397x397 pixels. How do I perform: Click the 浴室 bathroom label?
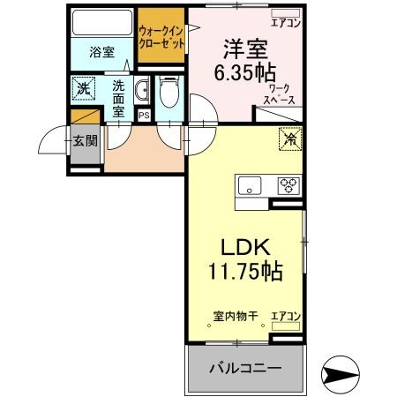pos(101,52)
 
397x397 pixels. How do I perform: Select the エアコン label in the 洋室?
pos(287,24)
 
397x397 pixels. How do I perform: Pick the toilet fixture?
pos(170,92)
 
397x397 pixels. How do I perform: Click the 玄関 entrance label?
pos(85,140)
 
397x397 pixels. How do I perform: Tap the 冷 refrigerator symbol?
pos(288,138)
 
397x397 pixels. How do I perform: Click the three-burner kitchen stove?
pos(288,185)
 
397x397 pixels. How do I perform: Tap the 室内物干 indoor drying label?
pos(235,316)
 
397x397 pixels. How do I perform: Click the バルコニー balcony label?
pos(244,368)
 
